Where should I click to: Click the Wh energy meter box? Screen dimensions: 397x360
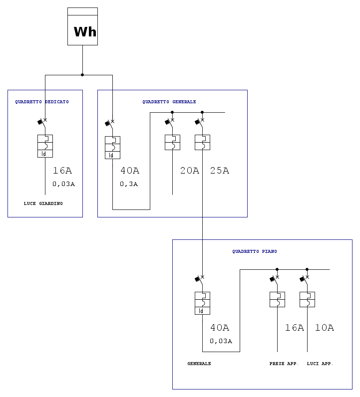82,27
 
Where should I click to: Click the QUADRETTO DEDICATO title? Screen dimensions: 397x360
42,102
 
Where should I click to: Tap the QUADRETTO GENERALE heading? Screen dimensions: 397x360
169,102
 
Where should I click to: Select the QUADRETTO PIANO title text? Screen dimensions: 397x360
255,251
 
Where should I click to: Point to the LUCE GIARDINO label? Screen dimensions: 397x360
43,203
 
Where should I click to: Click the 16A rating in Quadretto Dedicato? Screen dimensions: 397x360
62,171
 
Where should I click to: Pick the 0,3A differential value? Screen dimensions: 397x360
129,184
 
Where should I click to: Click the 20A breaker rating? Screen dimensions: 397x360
190,171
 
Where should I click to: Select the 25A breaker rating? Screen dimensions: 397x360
220,171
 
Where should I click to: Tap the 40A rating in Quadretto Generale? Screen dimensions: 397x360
130,171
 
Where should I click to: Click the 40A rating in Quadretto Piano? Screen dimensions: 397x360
220,328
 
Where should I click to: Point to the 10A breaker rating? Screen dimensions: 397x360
325,328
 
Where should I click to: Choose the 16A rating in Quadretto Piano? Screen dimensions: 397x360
295,328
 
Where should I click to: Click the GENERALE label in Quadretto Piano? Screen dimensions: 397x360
199,364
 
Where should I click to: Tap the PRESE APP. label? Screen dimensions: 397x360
284,364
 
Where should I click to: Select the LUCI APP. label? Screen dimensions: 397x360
320,364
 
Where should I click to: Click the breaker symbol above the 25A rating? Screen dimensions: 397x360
202,142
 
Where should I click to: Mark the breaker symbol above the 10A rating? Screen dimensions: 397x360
307,299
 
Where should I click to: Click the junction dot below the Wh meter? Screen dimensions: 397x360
82,75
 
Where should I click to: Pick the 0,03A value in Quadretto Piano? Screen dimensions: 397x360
221,341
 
